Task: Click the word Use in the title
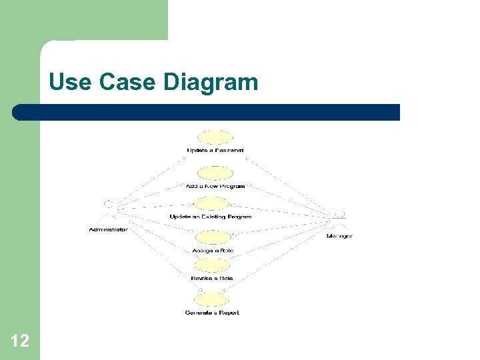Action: pyautogui.click(x=71, y=83)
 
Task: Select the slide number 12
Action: pyautogui.click(x=20, y=341)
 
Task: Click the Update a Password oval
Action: pyautogui.click(x=215, y=137)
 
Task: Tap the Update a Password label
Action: pyautogui.click(x=215, y=151)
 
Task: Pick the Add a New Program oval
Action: pyautogui.click(x=215, y=173)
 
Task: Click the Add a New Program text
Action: pyautogui.click(x=215, y=186)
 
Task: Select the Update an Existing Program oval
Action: pyautogui.click(x=210, y=203)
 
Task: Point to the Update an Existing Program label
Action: pyautogui.click(x=210, y=217)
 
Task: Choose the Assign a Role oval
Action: pyautogui.click(x=212, y=237)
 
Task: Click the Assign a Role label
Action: pyautogui.click(x=212, y=251)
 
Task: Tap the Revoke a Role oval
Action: pyautogui.click(x=212, y=265)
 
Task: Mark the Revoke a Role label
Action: pyautogui.click(x=212, y=278)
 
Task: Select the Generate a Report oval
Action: pyautogui.click(x=212, y=300)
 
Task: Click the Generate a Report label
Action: pyautogui.click(x=212, y=313)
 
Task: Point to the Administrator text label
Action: pyautogui.click(x=108, y=230)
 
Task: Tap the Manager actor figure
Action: pyautogui.click(x=339, y=219)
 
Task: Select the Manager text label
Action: pyautogui.click(x=339, y=236)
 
